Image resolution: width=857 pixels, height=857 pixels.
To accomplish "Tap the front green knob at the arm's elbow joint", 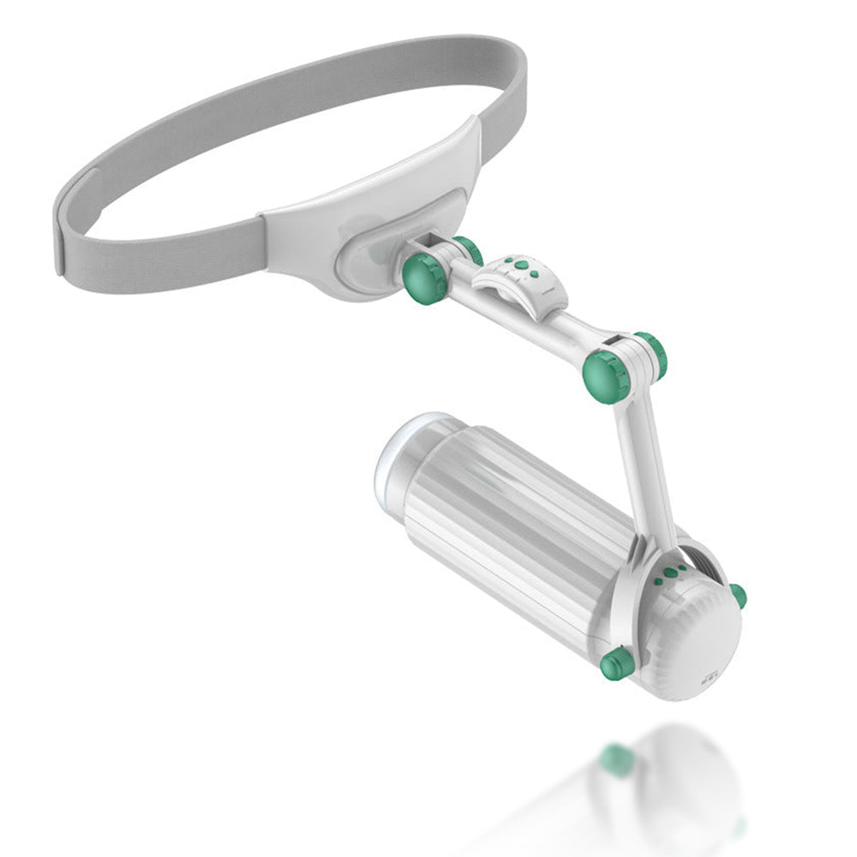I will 607,375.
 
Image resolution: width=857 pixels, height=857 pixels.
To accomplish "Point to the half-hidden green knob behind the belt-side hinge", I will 469,249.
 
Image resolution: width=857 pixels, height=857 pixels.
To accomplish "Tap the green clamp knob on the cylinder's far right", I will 737,596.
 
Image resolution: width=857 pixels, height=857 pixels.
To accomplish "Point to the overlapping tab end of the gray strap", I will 72,223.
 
